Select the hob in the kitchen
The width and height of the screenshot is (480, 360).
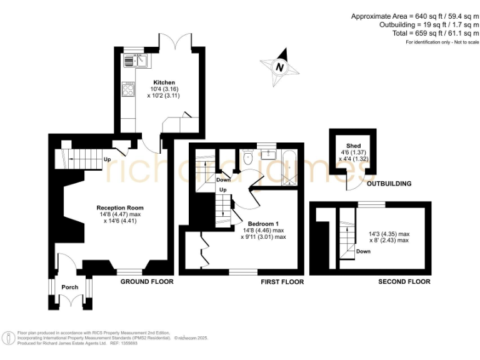coord(129,89)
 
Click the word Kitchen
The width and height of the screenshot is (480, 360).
coord(164,82)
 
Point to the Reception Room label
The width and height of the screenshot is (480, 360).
coord(120,207)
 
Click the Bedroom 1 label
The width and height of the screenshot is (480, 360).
coord(263,224)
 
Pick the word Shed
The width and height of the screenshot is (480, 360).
coord(354,146)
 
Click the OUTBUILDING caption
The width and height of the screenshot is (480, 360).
coord(389,184)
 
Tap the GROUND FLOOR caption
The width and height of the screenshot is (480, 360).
coord(146,282)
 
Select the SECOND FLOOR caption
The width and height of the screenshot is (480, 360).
coord(404,282)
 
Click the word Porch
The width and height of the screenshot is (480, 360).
coord(69,287)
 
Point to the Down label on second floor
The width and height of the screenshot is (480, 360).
coord(363,251)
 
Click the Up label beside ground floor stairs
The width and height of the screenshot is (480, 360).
coord(107,159)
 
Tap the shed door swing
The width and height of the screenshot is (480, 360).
coord(354,182)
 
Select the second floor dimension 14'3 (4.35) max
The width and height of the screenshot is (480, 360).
coord(389,233)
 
